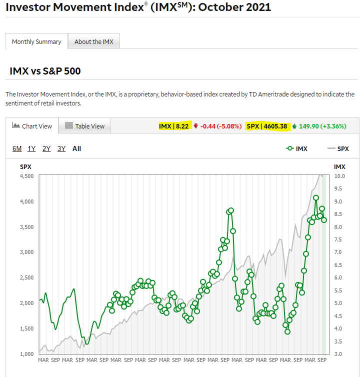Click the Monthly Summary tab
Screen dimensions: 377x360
coord(36,41)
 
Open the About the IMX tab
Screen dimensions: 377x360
coord(94,41)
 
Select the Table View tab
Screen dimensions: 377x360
coord(85,126)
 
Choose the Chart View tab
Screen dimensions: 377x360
coord(32,126)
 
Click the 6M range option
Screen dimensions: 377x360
coord(17,148)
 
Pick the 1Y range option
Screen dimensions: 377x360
coord(31,148)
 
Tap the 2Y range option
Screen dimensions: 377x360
coord(46,148)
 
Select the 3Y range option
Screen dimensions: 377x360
coord(61,148)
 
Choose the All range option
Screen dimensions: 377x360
coord(76,148)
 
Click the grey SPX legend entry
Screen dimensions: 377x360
coord(338,148)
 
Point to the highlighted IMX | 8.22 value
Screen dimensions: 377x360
coord(173,126)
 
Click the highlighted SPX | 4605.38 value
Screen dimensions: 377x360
coord(267,126)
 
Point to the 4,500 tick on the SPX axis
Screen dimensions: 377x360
coord(26,176)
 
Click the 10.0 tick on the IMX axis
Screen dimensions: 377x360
coord(339,176)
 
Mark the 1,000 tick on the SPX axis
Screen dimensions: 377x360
coord(26,354)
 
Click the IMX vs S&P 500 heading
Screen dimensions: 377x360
coord(45,71)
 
